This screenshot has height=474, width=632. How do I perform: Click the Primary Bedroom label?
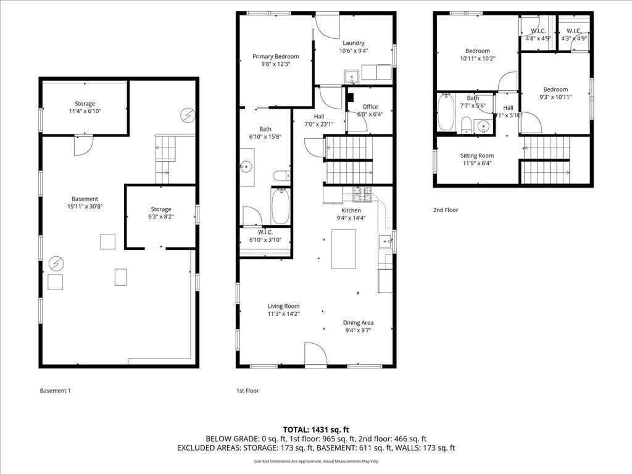click(x=275, y=56)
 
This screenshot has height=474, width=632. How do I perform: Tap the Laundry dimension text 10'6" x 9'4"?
click(x=353, y=51)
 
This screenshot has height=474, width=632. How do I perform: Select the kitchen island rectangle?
click(x=343, y=249)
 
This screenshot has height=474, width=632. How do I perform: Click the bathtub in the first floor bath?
click(x=280, y=206)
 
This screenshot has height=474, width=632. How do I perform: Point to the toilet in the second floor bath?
click(x=467, y=125)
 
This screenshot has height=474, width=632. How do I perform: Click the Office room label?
click(x=370, y=107)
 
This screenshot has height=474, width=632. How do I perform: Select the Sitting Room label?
click(x=476, y=156)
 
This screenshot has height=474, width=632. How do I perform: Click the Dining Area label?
click(x=358, y=322)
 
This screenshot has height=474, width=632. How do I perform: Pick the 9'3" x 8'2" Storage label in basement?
click(x=160, y=209)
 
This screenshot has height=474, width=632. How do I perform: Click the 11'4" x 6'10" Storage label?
click(x=85, y=104)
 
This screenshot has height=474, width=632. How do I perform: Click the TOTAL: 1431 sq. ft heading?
click(x=316, y=430)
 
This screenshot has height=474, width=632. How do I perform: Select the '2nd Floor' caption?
click(x=446, y=210)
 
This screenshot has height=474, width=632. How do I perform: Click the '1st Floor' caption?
click(x=247, y=391)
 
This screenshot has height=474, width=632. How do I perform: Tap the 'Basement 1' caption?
click(x=56, y=391)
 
